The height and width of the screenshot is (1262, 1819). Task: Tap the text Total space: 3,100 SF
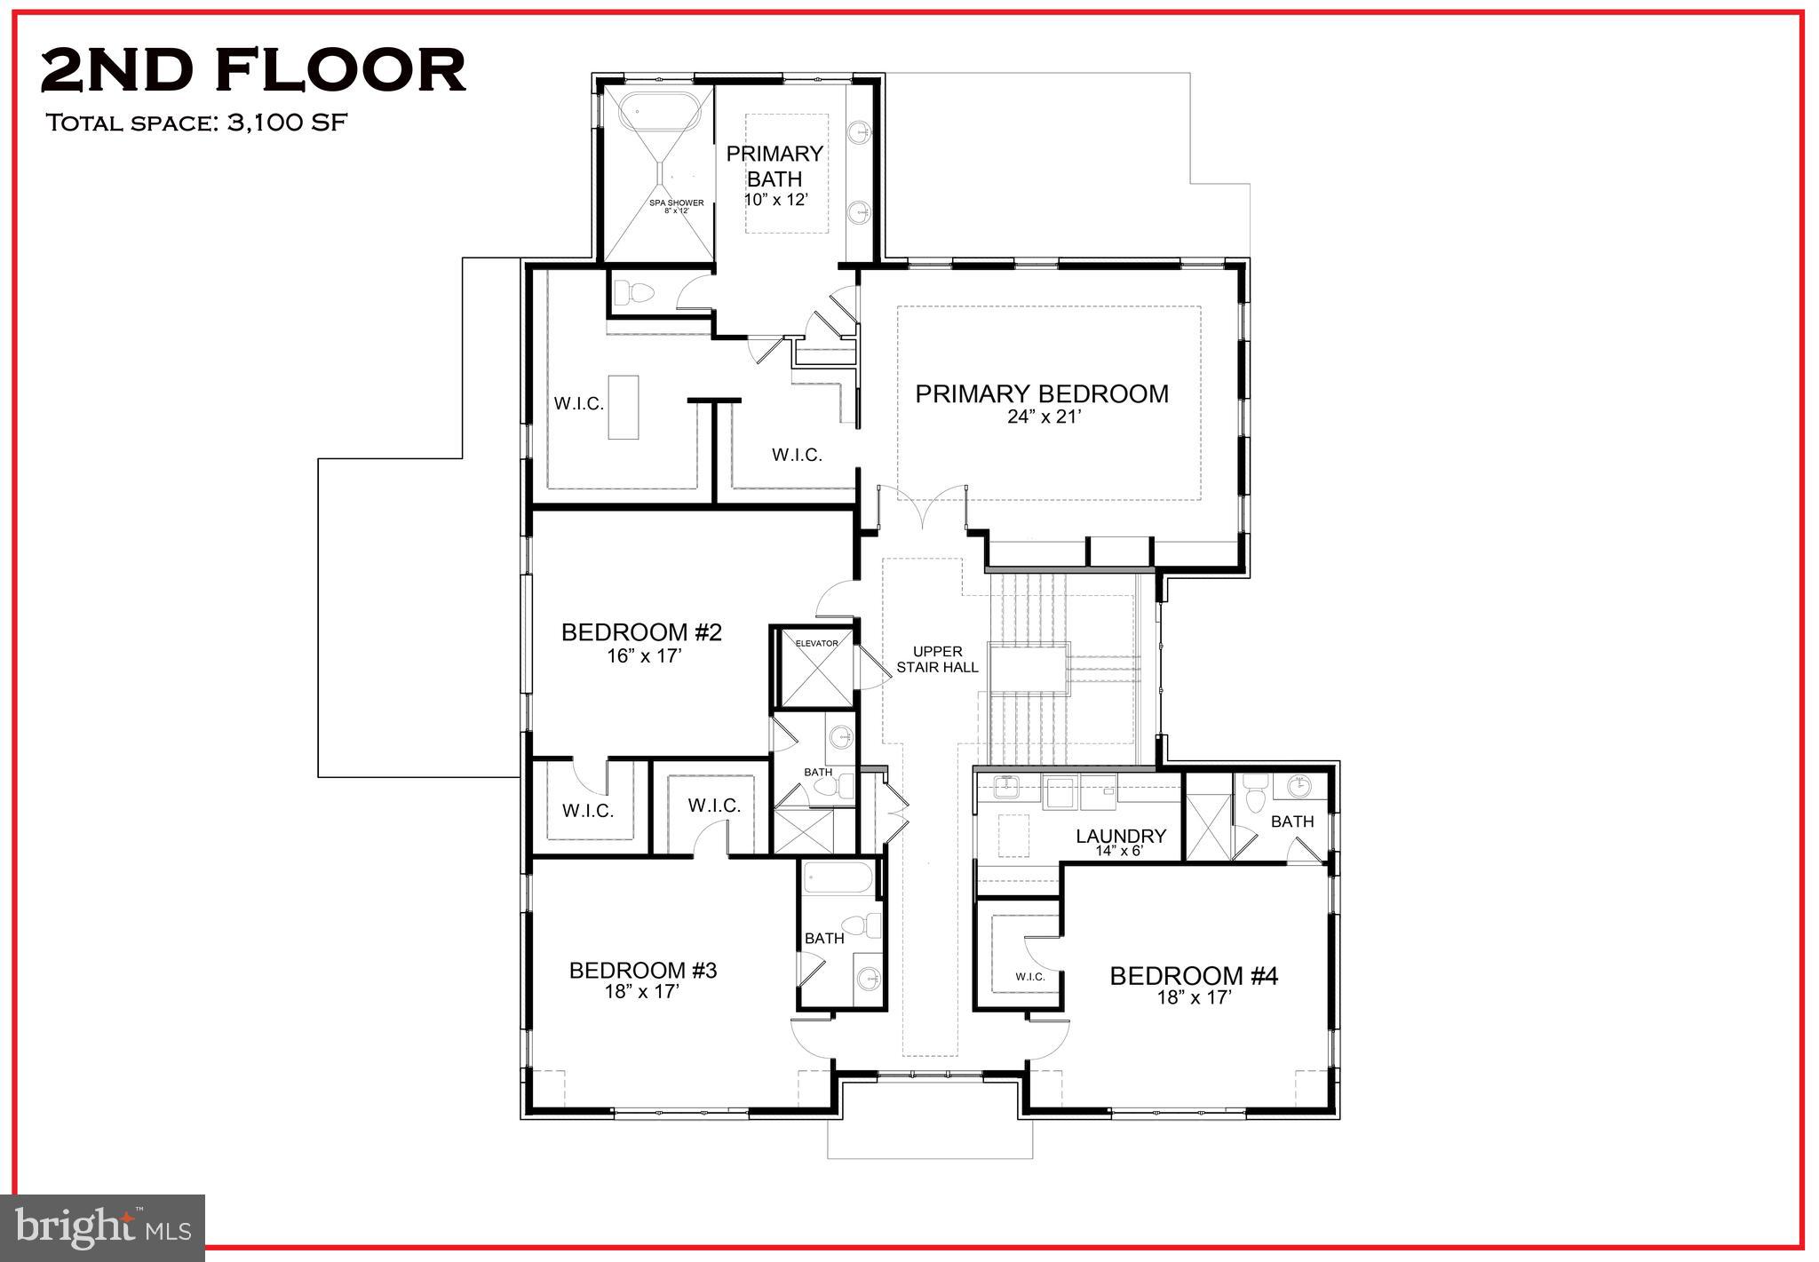pyautogui.click(x=195, y=123)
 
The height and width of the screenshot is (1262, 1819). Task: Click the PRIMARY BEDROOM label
pyautogui.click(x=1042, y=394)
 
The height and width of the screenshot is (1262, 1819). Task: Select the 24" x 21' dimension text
pyautogui.click(x=1044, y=417)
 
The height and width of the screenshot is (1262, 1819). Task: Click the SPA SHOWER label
pyautogui.click(x=676, y=203)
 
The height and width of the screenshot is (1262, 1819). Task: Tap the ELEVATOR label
pyautogui.click(x=816, y=643)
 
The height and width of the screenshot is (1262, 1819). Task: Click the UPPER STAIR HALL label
pyautogui.click(x=937, y=659)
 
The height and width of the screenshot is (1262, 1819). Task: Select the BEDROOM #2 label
pyautogui.click(x=641, y=632)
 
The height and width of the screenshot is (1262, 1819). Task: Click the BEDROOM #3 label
pyautogui.click(x=643, y=971)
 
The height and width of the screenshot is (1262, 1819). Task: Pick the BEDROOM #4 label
pyautogui.click(x=1193, y=976)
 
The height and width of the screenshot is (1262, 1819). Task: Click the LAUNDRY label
pyautogui.click(x=1120, y=836)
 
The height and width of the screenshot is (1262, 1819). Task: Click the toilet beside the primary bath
pyautogui.click(x=633, y=292)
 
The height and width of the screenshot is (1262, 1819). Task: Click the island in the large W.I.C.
pyautogui.click(x=623, y=407)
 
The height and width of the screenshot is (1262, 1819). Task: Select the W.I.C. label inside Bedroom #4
pyautogui.click(x=1029, y=977)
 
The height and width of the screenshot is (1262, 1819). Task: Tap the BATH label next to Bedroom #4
pyautogui.click(x=1291, y=821)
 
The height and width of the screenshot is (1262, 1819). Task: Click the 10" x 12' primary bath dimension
pyautogui.click(x=775, y=200)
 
